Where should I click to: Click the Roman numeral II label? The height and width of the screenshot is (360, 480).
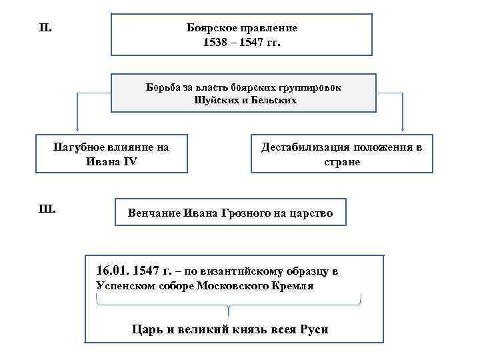click(x=46, y=28)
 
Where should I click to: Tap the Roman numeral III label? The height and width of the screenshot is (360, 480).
click(x=48, y=209)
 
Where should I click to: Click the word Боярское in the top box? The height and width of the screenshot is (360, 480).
click(x=211, y=29)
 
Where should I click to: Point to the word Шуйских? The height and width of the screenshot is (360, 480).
click(x=213, y=101)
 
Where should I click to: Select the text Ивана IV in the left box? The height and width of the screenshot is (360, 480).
click(x=111, y=161)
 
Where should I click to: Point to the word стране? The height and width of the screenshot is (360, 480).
click(x=341, y=161)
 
